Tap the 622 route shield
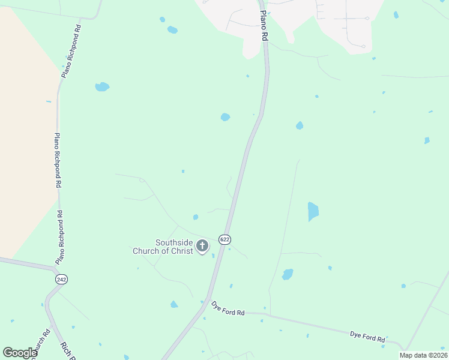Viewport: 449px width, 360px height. tap(224, 239)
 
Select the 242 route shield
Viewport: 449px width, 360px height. tap(61, 279)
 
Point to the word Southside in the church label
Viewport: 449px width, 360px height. tap(174, 242)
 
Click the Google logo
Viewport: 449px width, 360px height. tap(20, 353)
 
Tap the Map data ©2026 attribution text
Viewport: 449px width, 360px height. tap(423, 355)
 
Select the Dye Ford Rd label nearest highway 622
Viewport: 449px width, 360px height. tap(228, 308)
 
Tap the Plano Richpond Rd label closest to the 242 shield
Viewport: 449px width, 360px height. tap(59, 238)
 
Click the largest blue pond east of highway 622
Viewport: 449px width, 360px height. tap(313, 211)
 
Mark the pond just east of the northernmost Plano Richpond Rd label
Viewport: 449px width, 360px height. tap(102, 86)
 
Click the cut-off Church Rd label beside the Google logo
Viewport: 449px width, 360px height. tap(43, 343)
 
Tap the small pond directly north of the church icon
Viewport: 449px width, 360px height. tap(196, 217)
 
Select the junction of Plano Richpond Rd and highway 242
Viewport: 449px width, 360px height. tap(55, 269)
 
